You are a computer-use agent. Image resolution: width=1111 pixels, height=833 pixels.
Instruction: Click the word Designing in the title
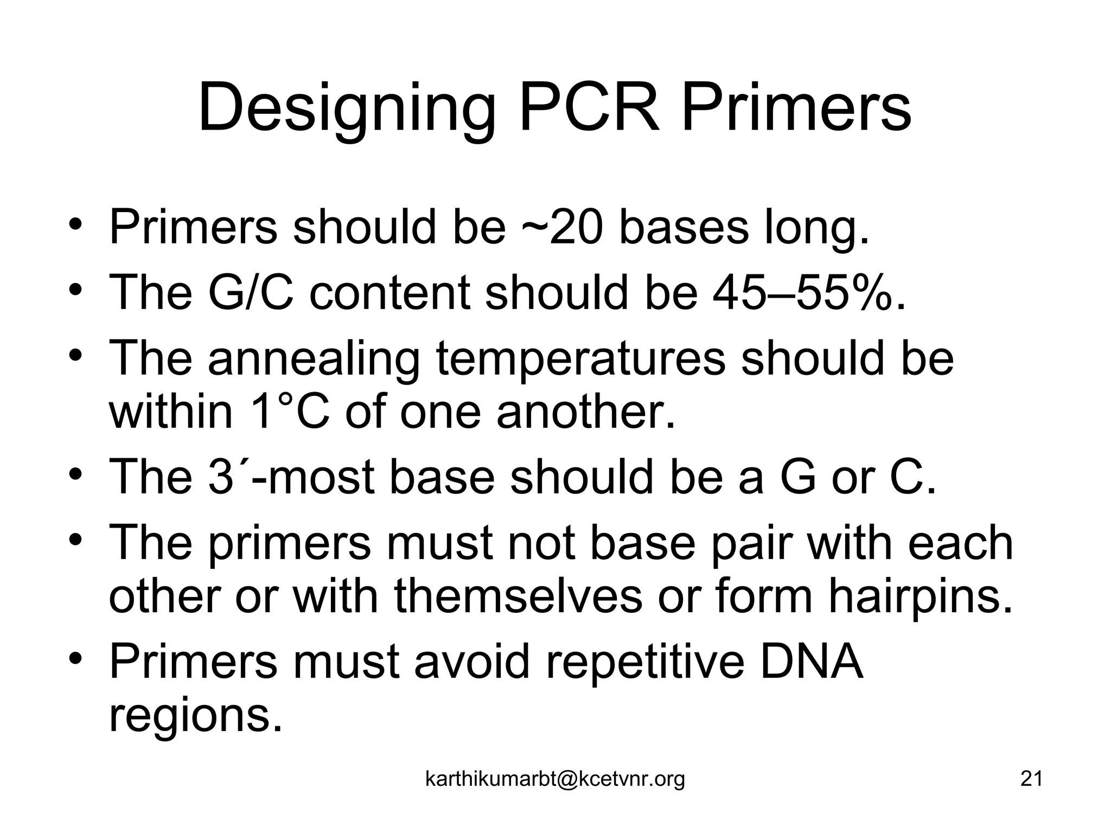coord(347,108)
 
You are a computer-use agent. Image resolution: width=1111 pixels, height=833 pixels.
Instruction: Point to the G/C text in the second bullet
coord(250,293)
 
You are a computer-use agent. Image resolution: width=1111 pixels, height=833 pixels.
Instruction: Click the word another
coord(586,412)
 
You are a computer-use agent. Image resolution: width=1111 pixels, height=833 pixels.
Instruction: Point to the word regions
coord(196,716)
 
